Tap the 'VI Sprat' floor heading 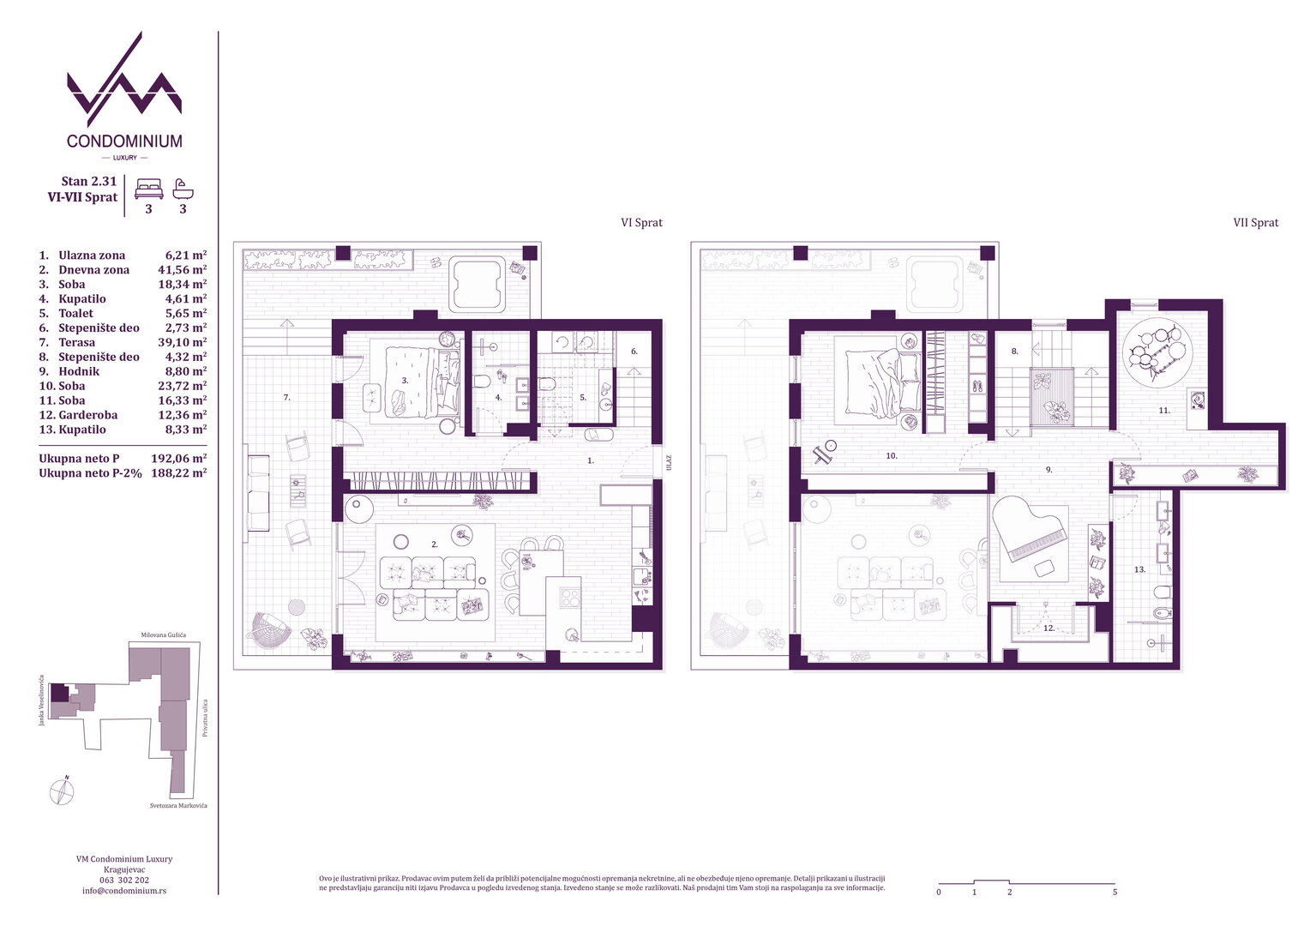pyautogui.click(x=641, y=223)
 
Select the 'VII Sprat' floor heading pyautogui.click(x=1256, y=223)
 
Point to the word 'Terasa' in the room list pyautogui.click(x=76, y=342)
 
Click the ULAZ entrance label pyautogui.click(x=668, y=463)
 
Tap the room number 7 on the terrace pyautogui.click(x=286, y=397)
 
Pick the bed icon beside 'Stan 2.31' pyautogui.click(x=148, y=189)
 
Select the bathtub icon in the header pyautogui.click(x=183, y=189)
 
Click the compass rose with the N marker pyautogui.click(x=62, y=792)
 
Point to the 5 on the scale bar pyautogui.click(x=1115, y=892)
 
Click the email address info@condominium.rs pyautogui.click(x=124, y=891)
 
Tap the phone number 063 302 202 pyautogui.click(x=124, y=880)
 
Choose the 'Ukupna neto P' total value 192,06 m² pyautogui.click(x=179, y=459)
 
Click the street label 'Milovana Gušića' pyautogui.click(x=163, y=634)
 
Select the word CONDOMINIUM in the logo pyautogui.click(x=124, y=141)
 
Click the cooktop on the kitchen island pyautogui.click(x=569, y=598)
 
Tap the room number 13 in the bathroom pyautogui.click(x=1139, y=569)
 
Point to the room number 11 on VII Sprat pyautogui.click(x=1164, y=411)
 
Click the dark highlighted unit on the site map pyautogui.click(x=58, y=693)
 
